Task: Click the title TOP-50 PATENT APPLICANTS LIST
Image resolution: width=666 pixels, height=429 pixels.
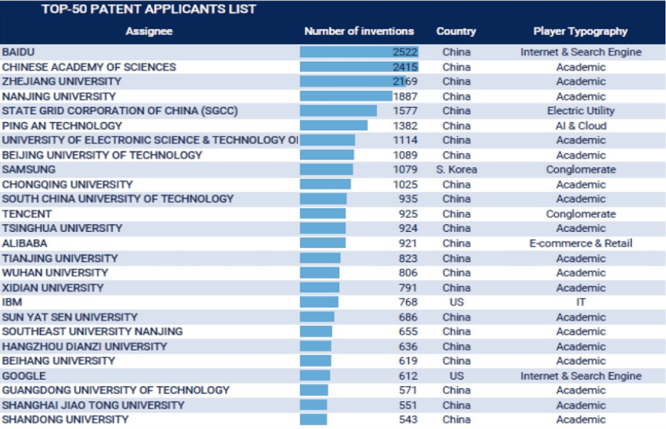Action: tap(149, 9)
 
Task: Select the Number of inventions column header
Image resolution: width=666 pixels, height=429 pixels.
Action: tap(359, 31)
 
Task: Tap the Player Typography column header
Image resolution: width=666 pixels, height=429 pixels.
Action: tap(580, 31)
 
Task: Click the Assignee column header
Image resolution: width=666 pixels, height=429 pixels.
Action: tap(149, 31)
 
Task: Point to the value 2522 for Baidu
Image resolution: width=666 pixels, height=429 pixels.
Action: tap(405, 52)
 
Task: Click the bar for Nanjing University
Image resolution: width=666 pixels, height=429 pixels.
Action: tap(346, 96)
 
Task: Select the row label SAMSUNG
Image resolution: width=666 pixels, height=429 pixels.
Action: tap(29, 169)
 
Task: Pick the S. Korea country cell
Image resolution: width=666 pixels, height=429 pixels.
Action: tap(456, 169)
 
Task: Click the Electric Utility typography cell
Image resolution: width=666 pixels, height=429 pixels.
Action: tap(580, 111)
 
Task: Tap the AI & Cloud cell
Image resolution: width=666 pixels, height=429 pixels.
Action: tap(580, 126)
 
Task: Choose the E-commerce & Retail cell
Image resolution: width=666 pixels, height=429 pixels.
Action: tap(580, 244)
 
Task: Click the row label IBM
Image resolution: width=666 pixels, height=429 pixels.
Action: tap(12, 302)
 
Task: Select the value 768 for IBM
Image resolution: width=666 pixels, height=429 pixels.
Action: tap(407, 302)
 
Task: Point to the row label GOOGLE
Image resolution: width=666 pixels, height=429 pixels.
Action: tap(24, 376)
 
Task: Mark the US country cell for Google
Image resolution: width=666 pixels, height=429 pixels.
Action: tap(456, 376)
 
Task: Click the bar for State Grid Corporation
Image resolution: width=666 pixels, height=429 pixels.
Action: tap(338, 111)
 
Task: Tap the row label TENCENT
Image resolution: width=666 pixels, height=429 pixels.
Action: tap(27, 214)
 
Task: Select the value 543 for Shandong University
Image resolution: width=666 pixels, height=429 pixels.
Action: tap(407, 420)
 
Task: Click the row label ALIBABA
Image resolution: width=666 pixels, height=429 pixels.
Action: tap(26, 244)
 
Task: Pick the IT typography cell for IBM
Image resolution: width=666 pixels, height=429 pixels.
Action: tap(580, 302)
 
